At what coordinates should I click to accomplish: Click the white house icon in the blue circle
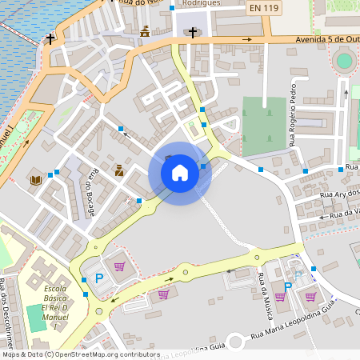(180, 172)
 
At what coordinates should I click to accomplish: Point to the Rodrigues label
(201, 3)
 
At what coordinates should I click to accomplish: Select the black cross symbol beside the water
(50, 38)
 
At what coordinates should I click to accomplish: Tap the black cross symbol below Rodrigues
(193, 33)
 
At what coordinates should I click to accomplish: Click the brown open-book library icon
(35, 179)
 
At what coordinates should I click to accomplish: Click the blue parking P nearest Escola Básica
(100, 278)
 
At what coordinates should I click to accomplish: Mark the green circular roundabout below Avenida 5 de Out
(344, 60)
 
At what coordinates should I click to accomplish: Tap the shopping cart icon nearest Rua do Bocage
(119, 266)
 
